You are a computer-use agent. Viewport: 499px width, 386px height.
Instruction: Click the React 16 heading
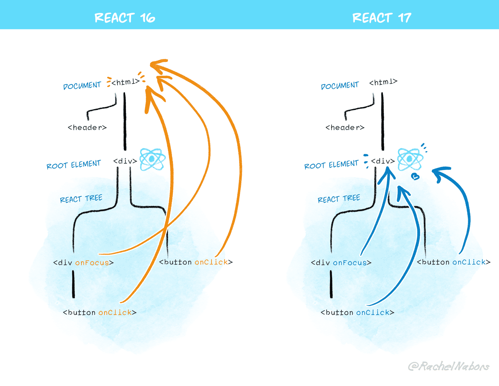[125, 18]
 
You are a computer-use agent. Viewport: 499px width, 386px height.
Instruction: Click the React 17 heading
[382, 18]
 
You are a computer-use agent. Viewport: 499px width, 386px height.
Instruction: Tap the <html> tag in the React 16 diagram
[125, 82]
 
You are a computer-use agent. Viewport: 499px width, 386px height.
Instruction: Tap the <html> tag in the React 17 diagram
[383, 82]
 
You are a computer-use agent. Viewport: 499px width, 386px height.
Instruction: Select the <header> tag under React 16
[87, 127]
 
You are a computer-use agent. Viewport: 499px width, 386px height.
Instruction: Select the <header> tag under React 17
[345, 127]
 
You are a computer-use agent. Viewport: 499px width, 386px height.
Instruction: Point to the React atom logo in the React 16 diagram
[152, 159]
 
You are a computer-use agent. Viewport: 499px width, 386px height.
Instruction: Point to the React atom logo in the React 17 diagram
[410, 159]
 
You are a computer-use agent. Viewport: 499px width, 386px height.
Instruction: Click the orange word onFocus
[92, 263]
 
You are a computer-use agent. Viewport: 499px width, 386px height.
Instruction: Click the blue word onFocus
[350, 263]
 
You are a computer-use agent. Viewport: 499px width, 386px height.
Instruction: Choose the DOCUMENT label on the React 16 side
[82, 86]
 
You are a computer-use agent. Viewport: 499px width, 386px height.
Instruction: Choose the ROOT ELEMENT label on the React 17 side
[331, 165]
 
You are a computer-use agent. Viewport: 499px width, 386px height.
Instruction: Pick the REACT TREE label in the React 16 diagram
[81, 199]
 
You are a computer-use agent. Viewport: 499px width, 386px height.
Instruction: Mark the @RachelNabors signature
[449, 366]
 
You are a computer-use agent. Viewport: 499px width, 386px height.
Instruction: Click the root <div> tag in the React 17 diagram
[383, 161]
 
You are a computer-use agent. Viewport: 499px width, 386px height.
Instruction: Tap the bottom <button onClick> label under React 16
[100, 313]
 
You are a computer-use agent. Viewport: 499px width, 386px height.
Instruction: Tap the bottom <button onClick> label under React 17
[357, 313]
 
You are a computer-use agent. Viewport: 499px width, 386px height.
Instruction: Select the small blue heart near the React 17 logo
[415, 177]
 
